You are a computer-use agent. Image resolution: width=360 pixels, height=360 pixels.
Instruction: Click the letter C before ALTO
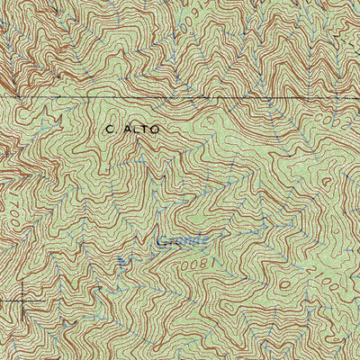(x=109, y=129)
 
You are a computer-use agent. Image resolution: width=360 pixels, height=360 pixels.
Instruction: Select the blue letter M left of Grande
(x=123, y=260)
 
